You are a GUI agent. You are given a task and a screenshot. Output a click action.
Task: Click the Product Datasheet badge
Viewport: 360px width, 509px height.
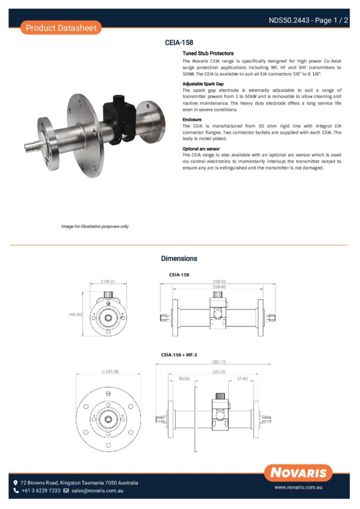(x=61, y=28)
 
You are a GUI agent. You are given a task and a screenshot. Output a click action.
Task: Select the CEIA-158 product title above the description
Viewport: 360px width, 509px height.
(x=179, y=43)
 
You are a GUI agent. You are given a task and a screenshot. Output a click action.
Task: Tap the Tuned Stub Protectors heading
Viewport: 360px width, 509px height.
(x=208, y=53)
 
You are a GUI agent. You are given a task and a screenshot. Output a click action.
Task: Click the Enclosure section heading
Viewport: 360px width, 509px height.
(x=192, y=120)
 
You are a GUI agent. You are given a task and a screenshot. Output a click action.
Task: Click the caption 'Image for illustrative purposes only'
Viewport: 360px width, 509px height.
(x=94, y=226)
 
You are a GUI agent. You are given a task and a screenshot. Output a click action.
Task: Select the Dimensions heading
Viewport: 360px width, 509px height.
(x=179, y=258)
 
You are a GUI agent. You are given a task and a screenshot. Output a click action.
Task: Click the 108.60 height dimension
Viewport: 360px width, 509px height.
(x=75, y=314)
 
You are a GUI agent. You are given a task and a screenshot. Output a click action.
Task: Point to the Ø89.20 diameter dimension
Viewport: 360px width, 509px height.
(x=107, y=281)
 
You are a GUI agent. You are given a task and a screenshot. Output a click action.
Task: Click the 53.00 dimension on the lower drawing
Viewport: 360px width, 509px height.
(x=184, y=379)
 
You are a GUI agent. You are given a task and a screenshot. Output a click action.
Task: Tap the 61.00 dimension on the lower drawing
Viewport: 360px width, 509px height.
(x=242, y=379)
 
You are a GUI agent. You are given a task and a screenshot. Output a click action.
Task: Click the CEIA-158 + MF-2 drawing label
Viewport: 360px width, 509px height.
(x=179, y=355)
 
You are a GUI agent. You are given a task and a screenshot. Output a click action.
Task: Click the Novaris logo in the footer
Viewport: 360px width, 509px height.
(x=298, y=473)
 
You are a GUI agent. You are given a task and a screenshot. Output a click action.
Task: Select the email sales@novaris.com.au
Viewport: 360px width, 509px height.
(x=97, y=491)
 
